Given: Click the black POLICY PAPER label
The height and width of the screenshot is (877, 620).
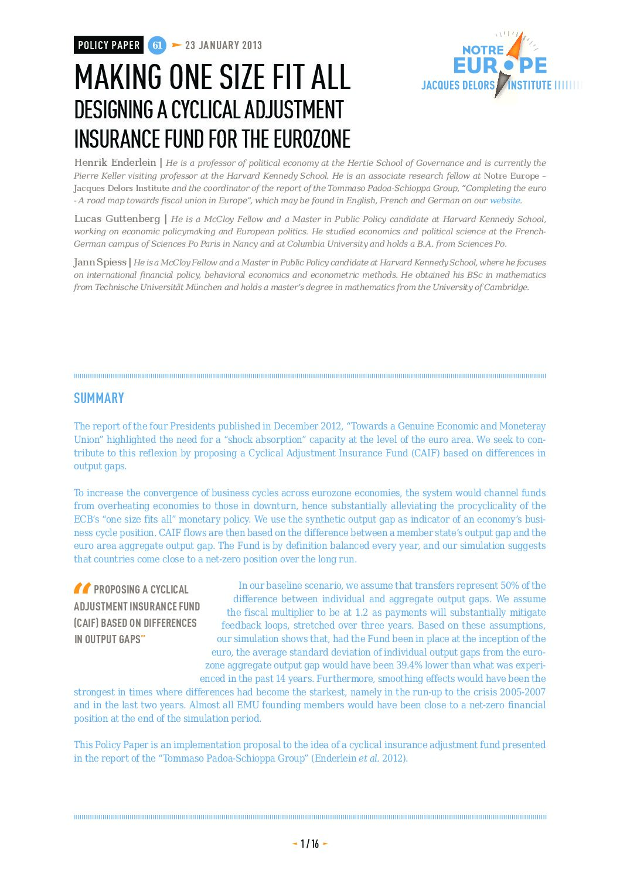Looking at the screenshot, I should pyautogui.click(x=108, y=45).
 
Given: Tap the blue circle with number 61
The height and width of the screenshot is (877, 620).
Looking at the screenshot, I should pyautogui.click(x=157, y=45).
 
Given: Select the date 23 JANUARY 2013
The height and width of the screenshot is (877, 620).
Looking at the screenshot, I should pyautogui.click(x=223, y=45).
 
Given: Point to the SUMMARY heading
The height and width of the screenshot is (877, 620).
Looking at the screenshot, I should pyautogui.click(x=99, y=398).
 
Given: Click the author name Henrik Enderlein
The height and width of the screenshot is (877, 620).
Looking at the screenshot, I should pyautogui.click(x=115, y=163).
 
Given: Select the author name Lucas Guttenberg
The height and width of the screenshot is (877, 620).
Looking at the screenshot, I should pyautogui.click(x=117, y=219).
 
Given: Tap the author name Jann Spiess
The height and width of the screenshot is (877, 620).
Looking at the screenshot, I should pyautogui.click(x=100, y=262).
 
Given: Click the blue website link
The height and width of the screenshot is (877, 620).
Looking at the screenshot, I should pyautogui.click(x=505, y=200).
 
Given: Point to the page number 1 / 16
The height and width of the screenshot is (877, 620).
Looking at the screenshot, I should pyautogui.click(x=309, y=844).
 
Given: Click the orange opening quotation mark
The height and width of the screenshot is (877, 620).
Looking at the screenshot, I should pyautogui.click(x=82, y=588).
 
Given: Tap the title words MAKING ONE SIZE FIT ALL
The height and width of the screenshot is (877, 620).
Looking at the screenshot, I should pyautogui.click(x=212, y=77).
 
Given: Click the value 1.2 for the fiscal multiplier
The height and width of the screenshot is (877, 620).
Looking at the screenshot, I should pyautogui.click(x=361, y=612).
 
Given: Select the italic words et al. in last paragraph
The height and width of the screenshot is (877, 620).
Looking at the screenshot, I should pyautogui.click(x=369, y=758).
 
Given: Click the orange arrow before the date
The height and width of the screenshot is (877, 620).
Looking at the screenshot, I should pyautogui.click(x=176, y=45).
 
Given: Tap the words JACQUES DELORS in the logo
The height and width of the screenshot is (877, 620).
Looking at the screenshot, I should pyautogui.click(x=458, y=86).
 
